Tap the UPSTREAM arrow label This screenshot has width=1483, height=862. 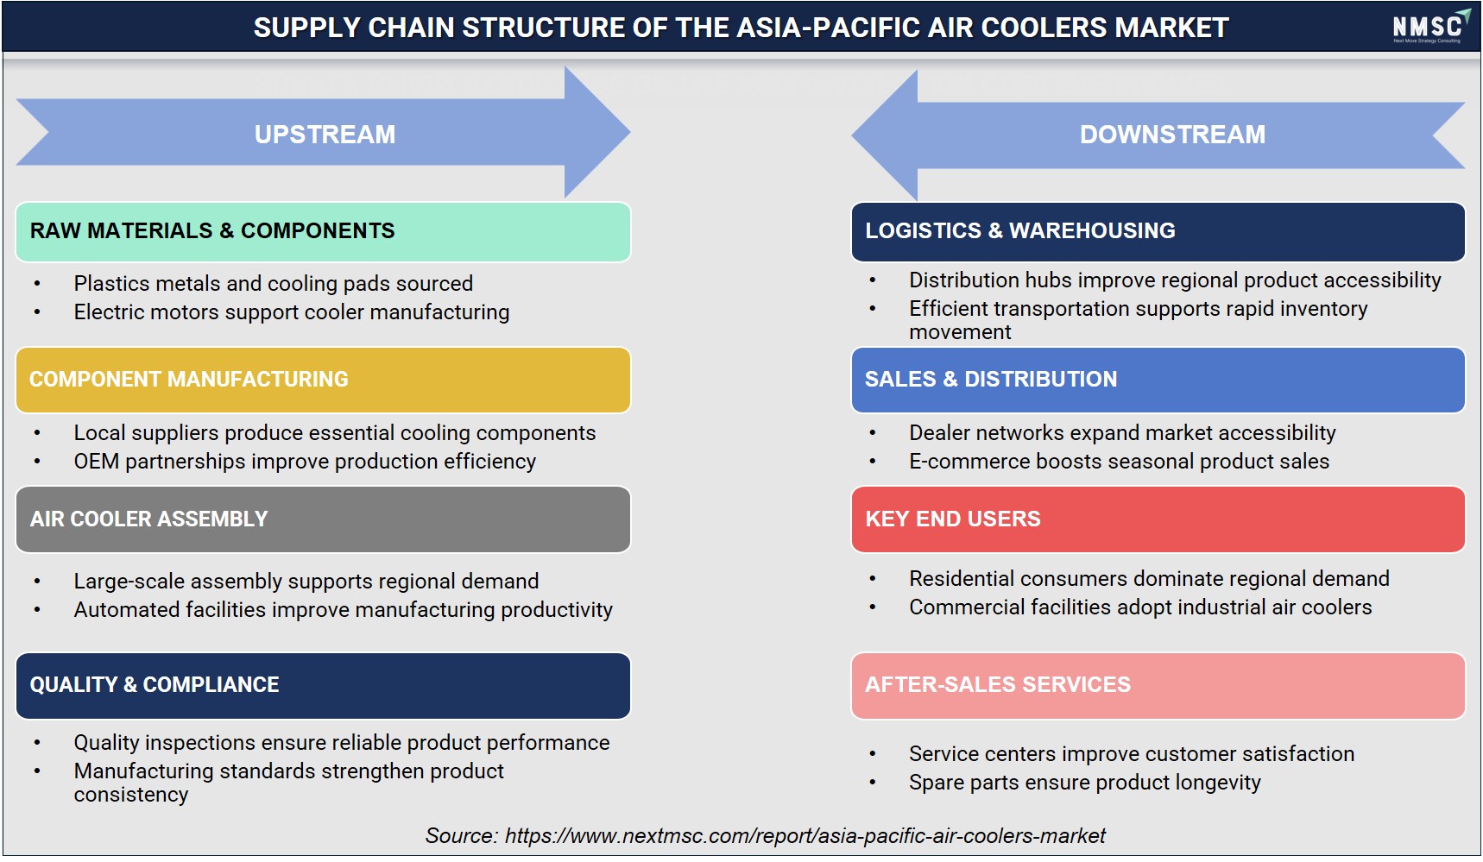[x=325, y=135]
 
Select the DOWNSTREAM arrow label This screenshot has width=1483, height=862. [x=1172, y=135]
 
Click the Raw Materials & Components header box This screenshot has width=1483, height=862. [x=323, y=231]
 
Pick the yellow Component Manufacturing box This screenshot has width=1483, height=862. [x=323, y=380]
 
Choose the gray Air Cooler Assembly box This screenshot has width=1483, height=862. [x=323, y=519]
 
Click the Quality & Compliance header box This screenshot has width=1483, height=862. [x=323, y=685]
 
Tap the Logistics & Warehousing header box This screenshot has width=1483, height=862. [x=1158, y=231]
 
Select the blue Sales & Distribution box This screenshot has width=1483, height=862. [x=1158, y=380]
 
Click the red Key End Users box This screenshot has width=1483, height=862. [x=1158, y=519]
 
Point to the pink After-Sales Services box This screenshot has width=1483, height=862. [x=1158, y=685]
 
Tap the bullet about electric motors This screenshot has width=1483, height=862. [x=292, y=312]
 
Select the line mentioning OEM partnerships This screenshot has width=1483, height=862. [x=305, y=462]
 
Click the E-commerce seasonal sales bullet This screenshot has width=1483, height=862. [x=1119, y=462]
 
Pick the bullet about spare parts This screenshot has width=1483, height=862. [x=1084, y=783]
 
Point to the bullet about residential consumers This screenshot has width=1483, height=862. [x=1149, y=579]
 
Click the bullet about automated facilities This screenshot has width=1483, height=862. [x=343, y=610]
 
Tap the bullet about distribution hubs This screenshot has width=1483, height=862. [x=1175, y=280]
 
